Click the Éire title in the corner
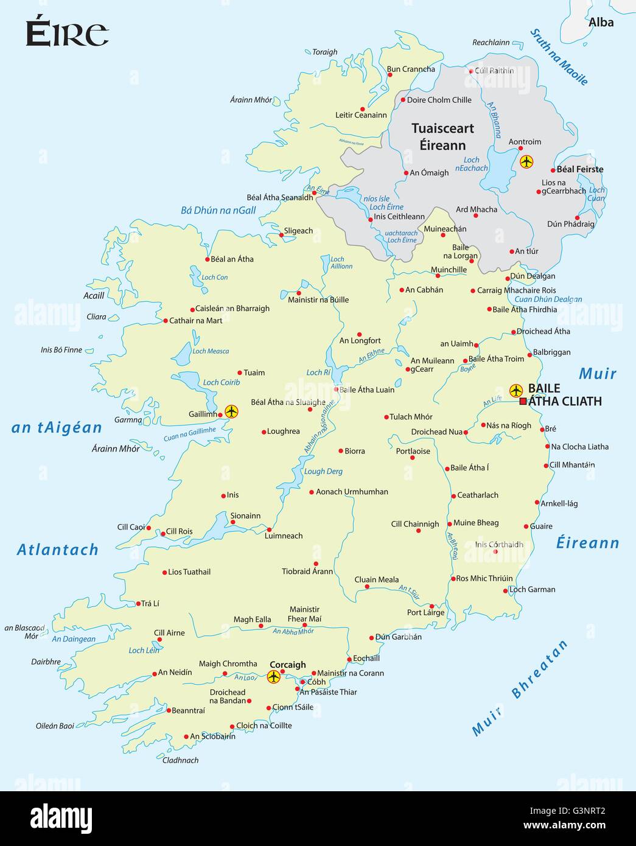[67, 33]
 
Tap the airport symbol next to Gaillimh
[231, 411]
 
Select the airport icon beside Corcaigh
[274, 677]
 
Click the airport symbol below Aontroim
[526, 162]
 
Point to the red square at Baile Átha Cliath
[523, 401]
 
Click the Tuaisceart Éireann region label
[442, 137]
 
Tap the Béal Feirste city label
[580, 169]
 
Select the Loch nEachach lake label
[472, 164]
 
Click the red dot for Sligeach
[281, 235]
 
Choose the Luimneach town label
[284, 536]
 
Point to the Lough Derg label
[323, 471]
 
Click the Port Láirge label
[425, 612]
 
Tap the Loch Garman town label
[532, 589]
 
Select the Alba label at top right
[601, 23]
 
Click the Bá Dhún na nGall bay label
[218, 210]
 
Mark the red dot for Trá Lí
[138, 604]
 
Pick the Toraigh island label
[324, 52]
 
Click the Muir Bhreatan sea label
[520, 688]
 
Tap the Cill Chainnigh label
[414, 523]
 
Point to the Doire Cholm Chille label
[439, 100]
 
